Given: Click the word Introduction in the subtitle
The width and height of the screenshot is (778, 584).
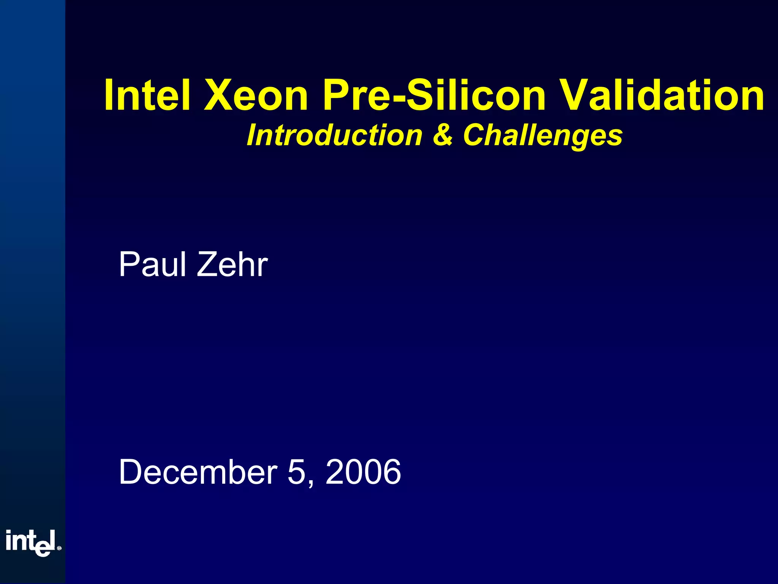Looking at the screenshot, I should tap(334, 135).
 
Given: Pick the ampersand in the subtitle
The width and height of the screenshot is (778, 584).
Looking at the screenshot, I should tap(443, 135).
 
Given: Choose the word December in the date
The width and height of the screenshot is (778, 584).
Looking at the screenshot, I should tap(198, 472).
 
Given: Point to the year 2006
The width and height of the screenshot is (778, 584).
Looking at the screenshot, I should tap(363, 472).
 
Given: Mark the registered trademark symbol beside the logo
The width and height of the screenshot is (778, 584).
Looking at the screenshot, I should tap(59, 548).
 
